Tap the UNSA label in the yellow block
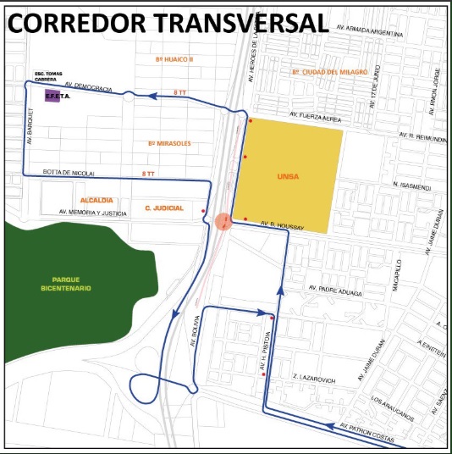(x=286, y=177)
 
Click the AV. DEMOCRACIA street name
(x=88, y=87)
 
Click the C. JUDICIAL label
(x=164, y=208)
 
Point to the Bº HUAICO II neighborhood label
(x=175, y=59)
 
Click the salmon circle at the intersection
(x=223, y=222)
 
